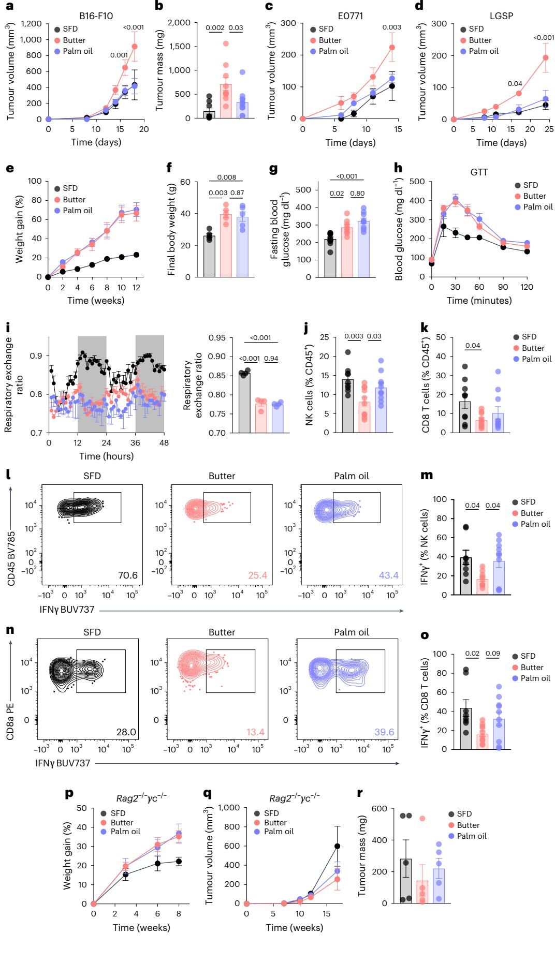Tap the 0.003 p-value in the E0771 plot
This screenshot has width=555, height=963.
pos(392,27)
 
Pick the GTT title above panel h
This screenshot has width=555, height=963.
pos(479,172)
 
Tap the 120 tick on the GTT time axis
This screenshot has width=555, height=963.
pos(527,287)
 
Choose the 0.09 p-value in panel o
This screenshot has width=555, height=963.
pos(493,654)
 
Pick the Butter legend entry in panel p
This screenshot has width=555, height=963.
pos(121,822)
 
